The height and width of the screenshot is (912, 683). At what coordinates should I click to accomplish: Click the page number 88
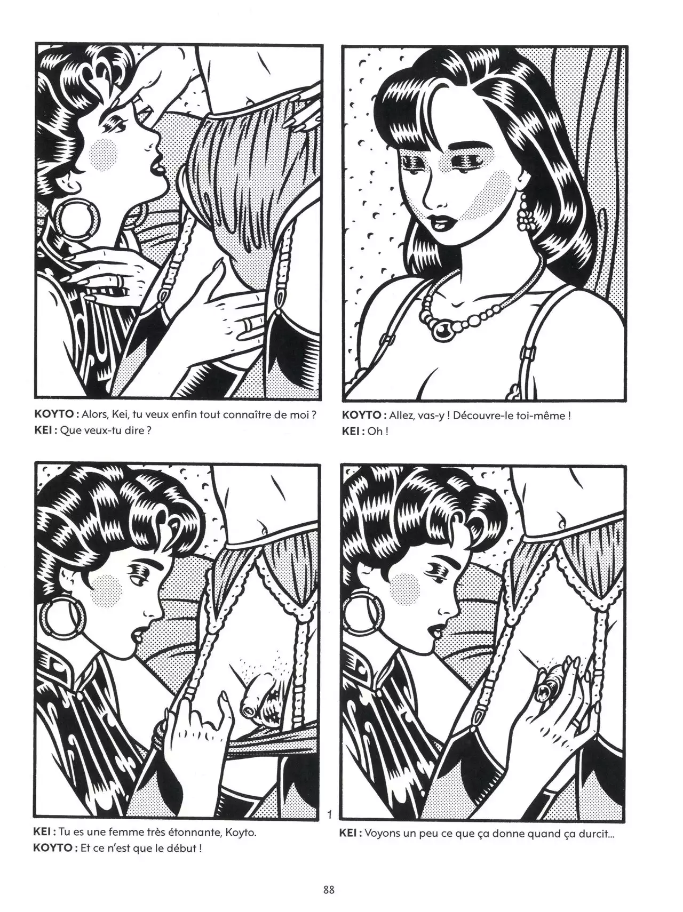coord(329,890)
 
